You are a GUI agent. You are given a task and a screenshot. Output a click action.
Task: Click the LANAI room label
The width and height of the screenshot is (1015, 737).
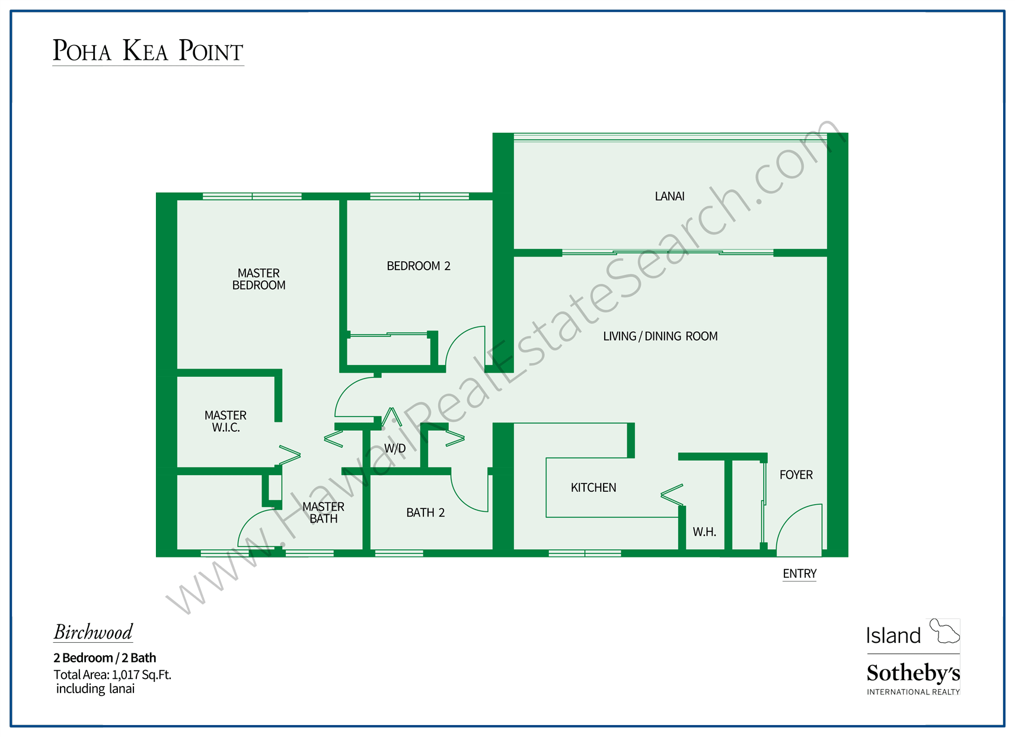click(x=669, y=196)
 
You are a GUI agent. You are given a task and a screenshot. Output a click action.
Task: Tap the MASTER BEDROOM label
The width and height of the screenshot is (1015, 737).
click(x=258, y=279)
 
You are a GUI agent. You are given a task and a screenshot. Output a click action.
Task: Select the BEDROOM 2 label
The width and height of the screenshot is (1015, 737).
click(x=419, y=266)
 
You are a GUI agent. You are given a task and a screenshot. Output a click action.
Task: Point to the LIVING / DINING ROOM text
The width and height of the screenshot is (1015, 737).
click(x=660, y=337)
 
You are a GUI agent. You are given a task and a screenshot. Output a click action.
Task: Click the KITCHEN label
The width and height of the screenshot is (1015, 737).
click(x=593, y=488)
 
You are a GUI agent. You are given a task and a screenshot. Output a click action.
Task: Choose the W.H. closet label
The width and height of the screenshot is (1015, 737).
click(x=704, y=532)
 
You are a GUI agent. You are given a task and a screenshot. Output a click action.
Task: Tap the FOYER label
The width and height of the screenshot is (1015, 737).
click(x=796, y=475)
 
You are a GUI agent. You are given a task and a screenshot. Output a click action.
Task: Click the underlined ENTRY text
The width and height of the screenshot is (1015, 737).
click(x=799, y=573)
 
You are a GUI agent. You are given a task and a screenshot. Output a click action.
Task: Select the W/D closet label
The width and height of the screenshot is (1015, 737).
click(x=395, y=448)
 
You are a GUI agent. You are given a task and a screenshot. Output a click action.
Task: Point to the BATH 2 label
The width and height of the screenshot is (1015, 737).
click(x=425, y=512)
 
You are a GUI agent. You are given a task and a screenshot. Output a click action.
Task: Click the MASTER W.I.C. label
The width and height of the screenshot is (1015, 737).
click(x=225, y=421)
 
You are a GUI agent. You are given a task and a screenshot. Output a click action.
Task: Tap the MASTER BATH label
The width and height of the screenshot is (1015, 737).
click(x=323, y=512)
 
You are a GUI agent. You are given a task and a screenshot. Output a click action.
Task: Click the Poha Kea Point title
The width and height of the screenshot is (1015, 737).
click(x=148, y=51)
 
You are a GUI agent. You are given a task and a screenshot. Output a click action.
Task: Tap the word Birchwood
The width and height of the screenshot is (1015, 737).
click(x=93, y=632)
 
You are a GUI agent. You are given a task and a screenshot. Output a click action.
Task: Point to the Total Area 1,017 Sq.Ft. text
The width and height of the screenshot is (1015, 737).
click(x=112, y=674)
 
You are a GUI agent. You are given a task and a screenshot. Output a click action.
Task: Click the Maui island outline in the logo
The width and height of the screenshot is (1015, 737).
click(x=944, y=631)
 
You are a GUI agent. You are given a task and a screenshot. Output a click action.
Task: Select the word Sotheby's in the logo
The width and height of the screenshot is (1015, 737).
click(x=913, y=673)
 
